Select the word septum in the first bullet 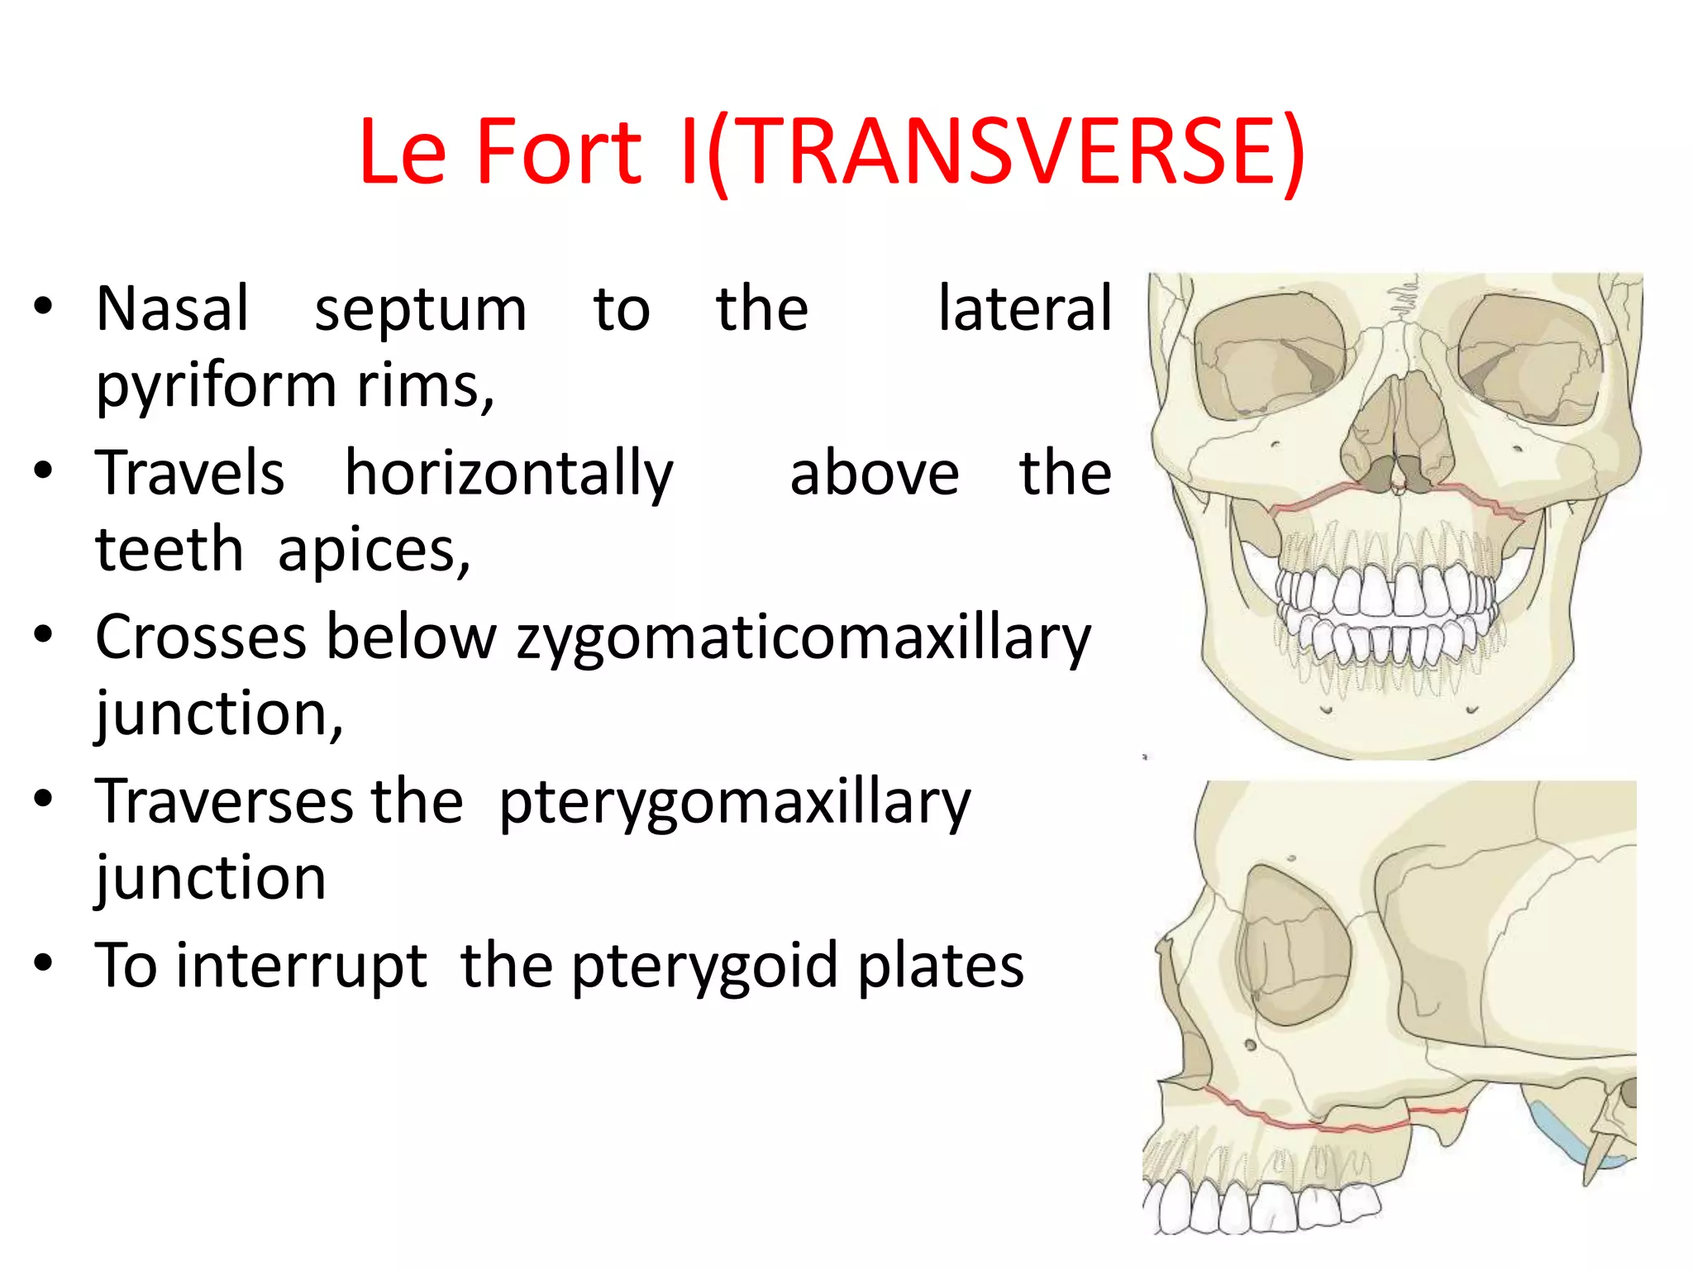(x=420, y=310)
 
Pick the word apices (x=374, y=551)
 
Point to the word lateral (x=1025, y=308)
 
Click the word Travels (x=190, y=473)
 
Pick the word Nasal (x=172, y=308)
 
